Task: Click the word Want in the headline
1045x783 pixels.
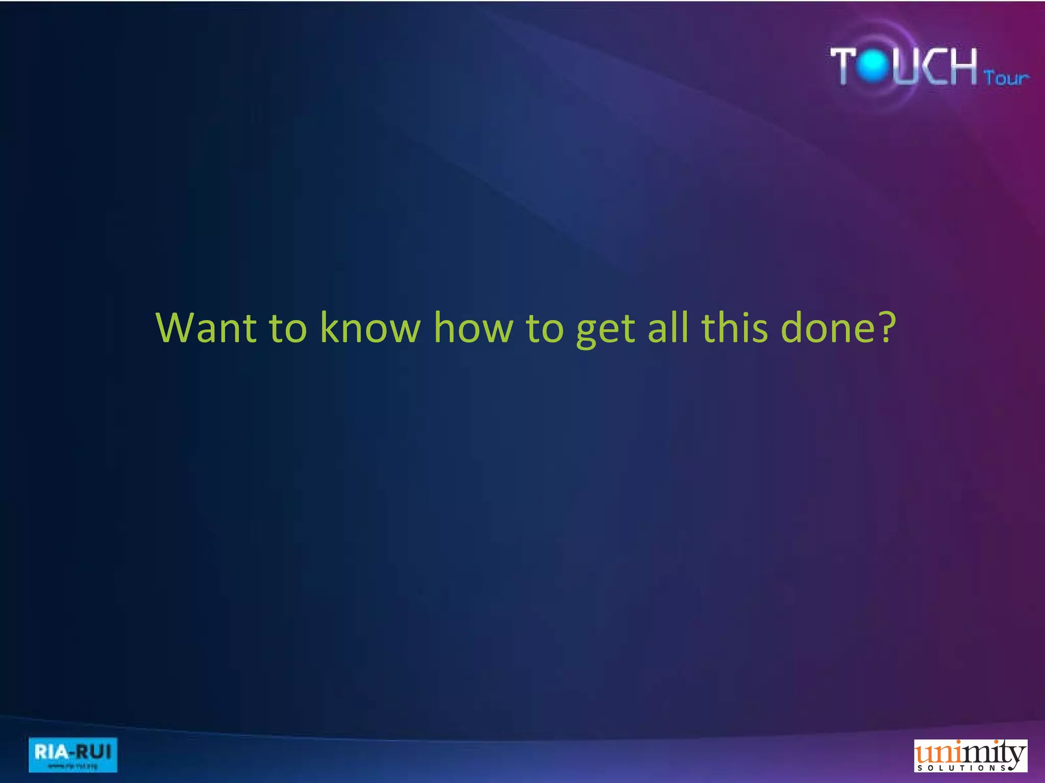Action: [x=206, y=327]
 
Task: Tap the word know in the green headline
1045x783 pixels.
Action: [x=370, y=327]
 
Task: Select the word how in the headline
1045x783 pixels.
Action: [x=474, y=327]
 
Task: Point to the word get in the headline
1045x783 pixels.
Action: [x=605, y=330]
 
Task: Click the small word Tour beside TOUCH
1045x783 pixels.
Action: [x=1006, y=78]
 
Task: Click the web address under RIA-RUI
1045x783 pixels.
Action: [x=72, y=766]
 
